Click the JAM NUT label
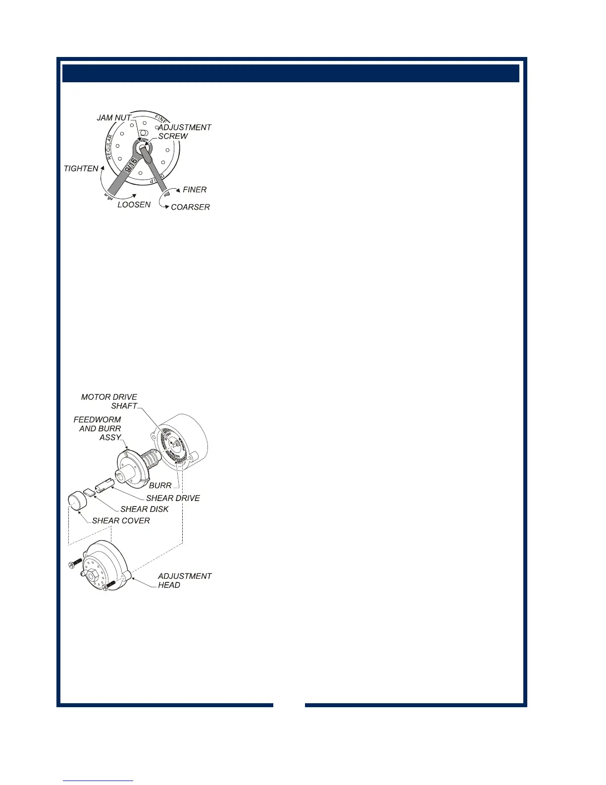tap(114, 118)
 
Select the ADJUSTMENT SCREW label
tap(184, 132)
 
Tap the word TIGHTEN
tap(81, 169)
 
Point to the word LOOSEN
tap(134, 205)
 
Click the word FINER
tap(195, 190)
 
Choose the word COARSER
tap(190, 207)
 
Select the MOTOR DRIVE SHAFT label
tap(109, 401)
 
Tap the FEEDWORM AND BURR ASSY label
tap(98, 429)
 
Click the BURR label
tap(160, 486)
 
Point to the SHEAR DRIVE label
tap(173, 499)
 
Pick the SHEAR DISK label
tap(145, 509)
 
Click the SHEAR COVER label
tap(121, 521)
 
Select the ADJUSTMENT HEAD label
tap(185, 581)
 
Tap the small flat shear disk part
tap(89, 493)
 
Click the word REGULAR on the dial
tap(110, 146)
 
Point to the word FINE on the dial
tap(161, 119)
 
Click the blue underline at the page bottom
tap(98, 781)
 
